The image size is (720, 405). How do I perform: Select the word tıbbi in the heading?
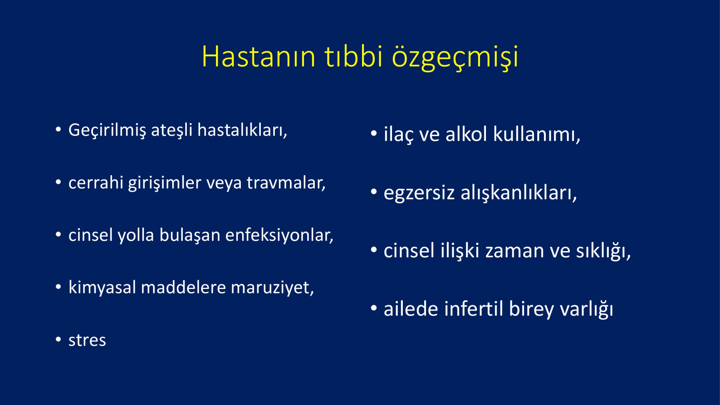point(354,56)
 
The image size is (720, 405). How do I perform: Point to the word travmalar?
point(286,183)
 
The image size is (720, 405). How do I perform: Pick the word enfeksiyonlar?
point(279,235)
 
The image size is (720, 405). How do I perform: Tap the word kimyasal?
point(102,288)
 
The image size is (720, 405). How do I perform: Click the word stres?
point(87,341)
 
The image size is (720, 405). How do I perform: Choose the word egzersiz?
point(419,193)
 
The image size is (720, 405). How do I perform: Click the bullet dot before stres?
point(58,340)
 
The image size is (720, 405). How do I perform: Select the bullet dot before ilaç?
point(374,133)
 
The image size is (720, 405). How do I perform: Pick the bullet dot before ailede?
point(374,308)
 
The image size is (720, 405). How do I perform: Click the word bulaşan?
point(190,235)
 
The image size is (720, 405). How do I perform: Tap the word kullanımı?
point(536,134)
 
